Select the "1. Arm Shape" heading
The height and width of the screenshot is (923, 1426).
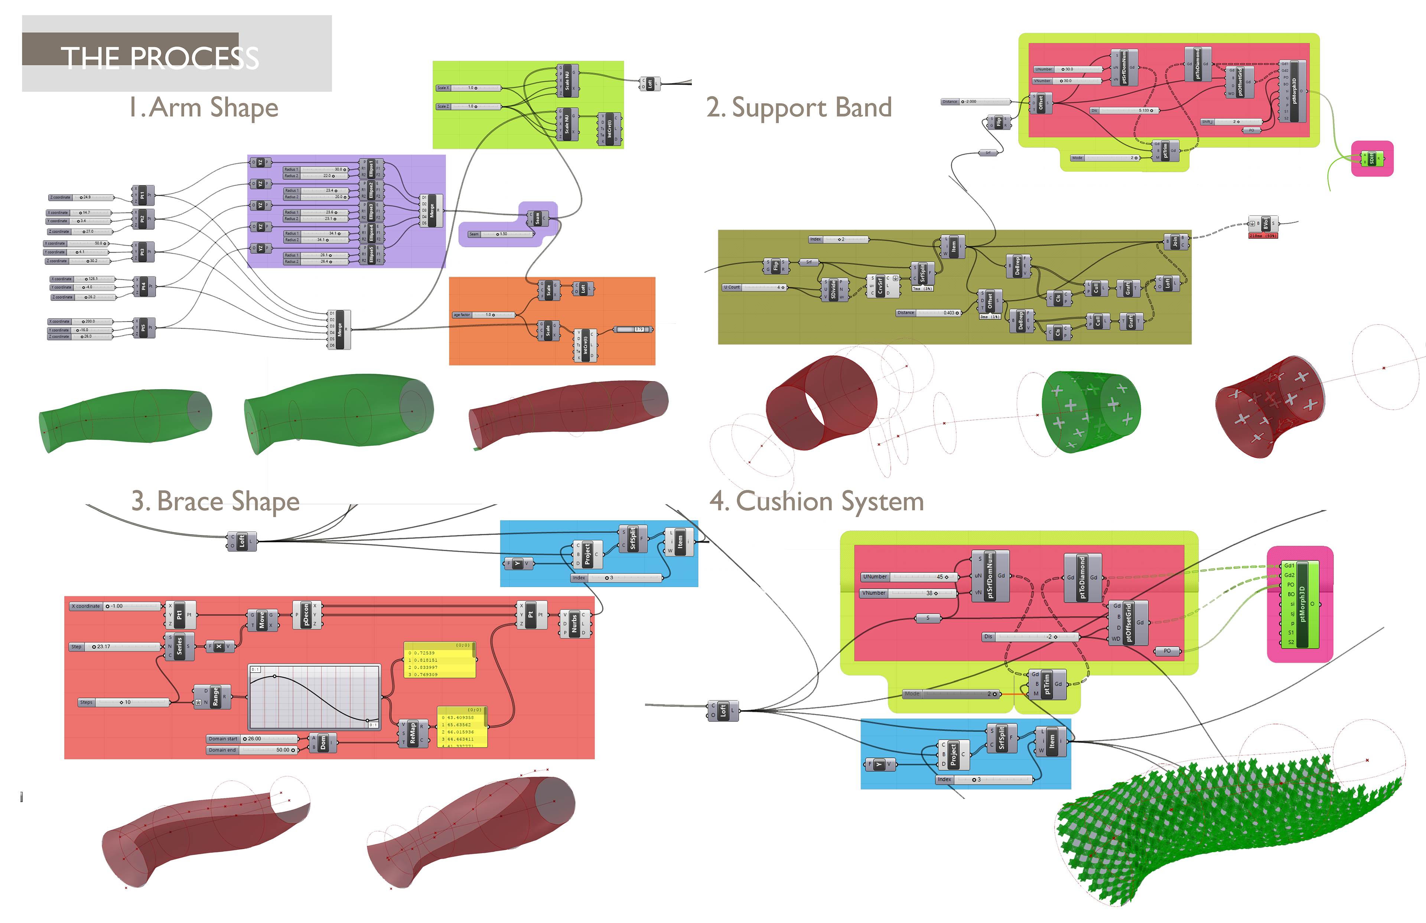pyautogui.click(x=204, y=108)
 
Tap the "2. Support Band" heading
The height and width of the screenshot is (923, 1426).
pyautogui.click(x=799, y=108)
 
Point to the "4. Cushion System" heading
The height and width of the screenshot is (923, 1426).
pyautogui.click(x=816, y=501)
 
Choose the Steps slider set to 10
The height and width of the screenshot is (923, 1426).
pyautogui.click(x=125, y=702)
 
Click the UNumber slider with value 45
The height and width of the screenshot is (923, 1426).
pyautogui.click(x=908, y=576)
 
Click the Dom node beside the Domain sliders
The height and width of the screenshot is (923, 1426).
pyautogui.click(x=323, y=743)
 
